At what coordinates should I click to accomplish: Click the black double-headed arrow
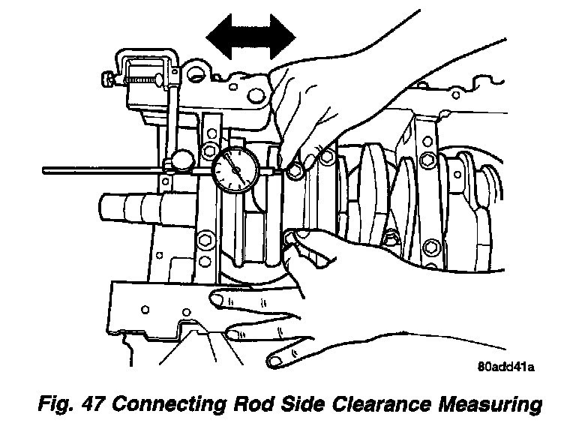pyautogui.click(x=252, y=35)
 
